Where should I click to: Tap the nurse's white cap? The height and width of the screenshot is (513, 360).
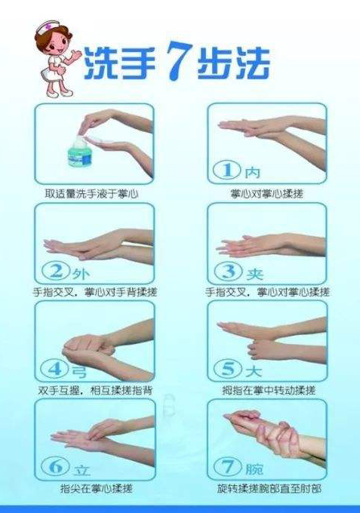point(48,27)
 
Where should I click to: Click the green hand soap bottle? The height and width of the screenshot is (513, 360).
point(80,153)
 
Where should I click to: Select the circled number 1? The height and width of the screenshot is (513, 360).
point(228,170)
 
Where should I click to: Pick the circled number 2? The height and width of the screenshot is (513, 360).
point(57,272)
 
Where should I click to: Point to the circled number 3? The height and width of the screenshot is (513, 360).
point(229,272)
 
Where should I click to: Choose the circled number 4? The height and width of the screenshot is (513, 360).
point(54,369)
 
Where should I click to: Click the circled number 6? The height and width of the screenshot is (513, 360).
point(56,466)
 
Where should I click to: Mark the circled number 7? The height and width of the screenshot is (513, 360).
point(228,466)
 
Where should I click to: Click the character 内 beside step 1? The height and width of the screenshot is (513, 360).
point(253,172)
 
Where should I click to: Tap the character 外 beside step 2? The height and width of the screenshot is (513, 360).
point(81,274)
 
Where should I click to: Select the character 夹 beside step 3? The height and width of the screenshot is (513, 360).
point(254,274)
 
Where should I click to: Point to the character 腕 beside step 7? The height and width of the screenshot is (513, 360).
point(254,468)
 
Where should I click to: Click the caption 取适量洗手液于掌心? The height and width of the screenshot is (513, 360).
point(91,194)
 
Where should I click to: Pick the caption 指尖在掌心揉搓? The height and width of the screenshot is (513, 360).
point(97,488)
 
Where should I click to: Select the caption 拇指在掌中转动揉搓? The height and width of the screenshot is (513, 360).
point(269,390)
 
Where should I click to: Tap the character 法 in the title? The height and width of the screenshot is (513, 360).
point(253,63)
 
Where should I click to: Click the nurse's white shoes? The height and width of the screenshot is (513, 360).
point(59,94)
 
